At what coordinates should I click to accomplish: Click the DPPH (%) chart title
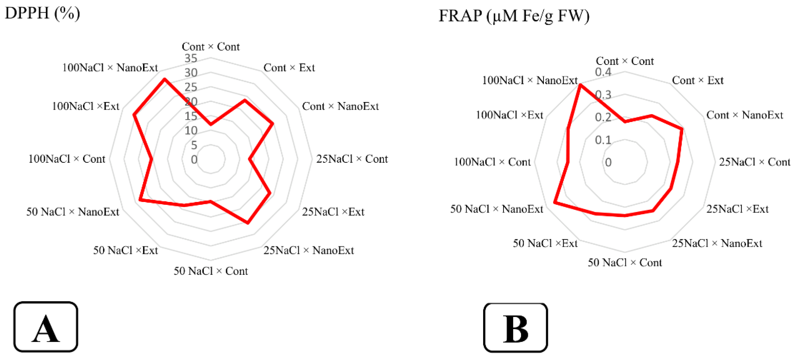42,14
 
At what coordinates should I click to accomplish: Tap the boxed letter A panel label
46,327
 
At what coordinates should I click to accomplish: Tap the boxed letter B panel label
515,328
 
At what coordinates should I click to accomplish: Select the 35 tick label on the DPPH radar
191,58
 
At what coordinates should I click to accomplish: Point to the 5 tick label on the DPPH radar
194,145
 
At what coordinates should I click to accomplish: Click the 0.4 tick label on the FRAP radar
603,72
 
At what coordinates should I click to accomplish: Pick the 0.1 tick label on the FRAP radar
603,140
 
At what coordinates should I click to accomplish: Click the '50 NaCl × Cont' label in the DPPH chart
211,271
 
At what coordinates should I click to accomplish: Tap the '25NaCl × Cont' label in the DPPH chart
352,159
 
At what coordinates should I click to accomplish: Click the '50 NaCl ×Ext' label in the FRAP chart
545,244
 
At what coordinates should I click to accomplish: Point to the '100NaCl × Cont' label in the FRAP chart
492,162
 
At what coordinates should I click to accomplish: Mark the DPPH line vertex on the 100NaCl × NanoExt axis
165,79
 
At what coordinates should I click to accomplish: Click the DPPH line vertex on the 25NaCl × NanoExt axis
248,223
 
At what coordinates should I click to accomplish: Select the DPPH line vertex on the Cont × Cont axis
211,125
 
